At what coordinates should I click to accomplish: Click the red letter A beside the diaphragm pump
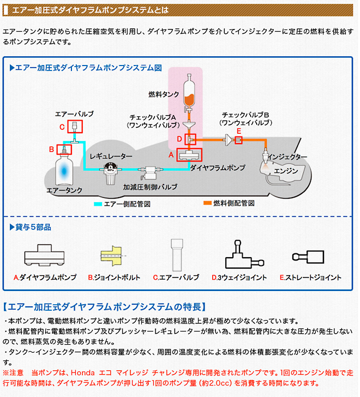click(x=171, y=155)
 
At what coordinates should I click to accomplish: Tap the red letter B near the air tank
click(x=51, y=149)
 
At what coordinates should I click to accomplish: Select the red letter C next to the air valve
click(x=62, y=127)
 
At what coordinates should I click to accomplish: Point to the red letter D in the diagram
click(x=179, y=139)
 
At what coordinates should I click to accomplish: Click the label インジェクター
click(x=288, y=157)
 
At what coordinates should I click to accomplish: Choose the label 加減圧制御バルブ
click(x=149, y=186)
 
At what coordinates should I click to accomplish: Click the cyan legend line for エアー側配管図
click(x=105, y=203)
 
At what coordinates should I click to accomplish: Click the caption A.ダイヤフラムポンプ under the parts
click(x=45, y=277)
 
